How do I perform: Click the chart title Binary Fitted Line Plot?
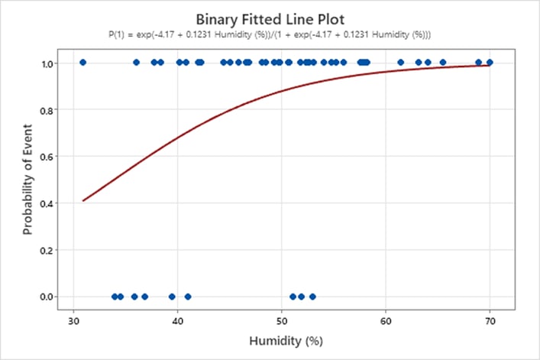point(270,18)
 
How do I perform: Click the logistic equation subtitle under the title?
point(270,34)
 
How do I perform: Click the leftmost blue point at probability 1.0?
point(82,63)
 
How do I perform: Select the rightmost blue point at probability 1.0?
point(490,63)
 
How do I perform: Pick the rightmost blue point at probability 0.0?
point(312,297)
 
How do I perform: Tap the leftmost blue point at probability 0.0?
point(115,297)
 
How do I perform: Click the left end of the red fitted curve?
point(83,201)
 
